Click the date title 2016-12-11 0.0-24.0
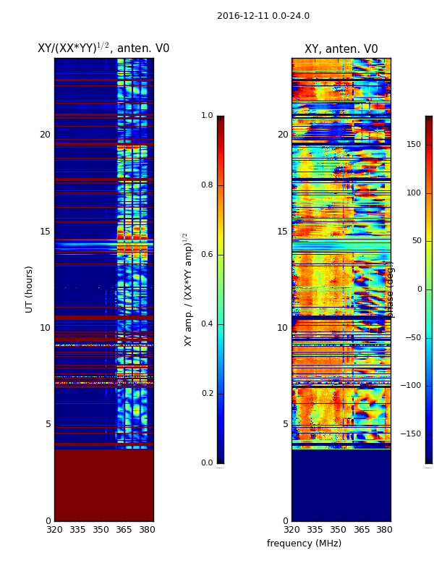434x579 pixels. (x=263, y=16)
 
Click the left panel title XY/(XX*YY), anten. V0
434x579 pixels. (x=103, y=48)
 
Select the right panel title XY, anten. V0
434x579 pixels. (x=341, y=49)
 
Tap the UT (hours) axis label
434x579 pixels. (x=30, y=289)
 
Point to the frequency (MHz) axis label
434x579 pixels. (x=304, y=544)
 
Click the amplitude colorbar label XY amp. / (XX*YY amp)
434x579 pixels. (x=188, y=289)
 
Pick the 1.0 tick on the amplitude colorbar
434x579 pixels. (x=207, y=116)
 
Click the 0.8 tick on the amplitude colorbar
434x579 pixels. (x=207, y=185)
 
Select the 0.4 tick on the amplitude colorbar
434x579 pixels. (x=207, y=324)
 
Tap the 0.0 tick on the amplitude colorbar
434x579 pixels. (x=207, y=463)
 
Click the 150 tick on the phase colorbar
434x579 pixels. (x=414, y=145)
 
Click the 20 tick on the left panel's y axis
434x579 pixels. (x=45, y=135)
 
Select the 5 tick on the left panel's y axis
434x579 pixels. (x=48, y=424)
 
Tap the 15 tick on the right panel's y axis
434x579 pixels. (x=282, y=232)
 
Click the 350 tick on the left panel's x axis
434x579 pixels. (x=101, y=530)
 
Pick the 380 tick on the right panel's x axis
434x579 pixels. (x=384, y=530)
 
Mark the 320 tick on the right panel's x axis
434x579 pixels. (x=292, y=530)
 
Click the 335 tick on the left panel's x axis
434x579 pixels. (x=77, y=530)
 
